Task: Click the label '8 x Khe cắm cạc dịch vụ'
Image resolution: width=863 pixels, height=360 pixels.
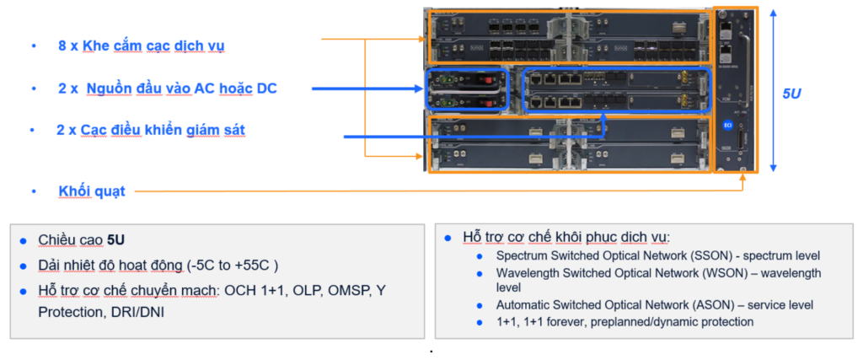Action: point(141,45)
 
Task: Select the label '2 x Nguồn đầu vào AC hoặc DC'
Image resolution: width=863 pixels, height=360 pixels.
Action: point(167,89)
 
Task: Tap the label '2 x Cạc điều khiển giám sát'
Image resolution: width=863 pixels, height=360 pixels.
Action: point(151,130)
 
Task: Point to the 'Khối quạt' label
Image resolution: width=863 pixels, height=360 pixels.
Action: point(92,191)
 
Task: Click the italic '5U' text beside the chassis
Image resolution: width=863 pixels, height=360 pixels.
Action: point(791,94)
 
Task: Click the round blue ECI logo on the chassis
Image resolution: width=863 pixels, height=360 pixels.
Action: point(727,125)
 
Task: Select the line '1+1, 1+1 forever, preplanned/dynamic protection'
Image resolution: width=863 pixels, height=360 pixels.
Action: point(624,321)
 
